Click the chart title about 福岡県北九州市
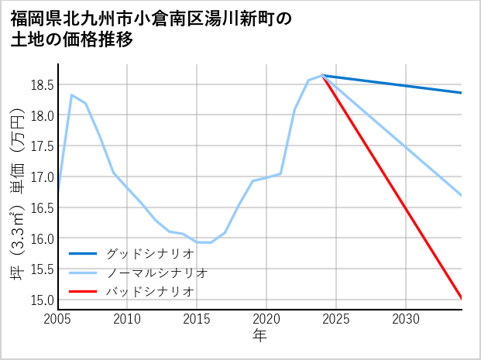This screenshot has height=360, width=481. pos(151,29)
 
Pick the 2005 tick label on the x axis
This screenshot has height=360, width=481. pos(58,319)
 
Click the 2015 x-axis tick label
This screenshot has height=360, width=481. pos(197,319)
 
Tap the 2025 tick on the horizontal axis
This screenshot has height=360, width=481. pos(336,319)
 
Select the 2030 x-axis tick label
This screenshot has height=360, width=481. pos(406,319)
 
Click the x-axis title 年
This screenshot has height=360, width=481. pos(259,335)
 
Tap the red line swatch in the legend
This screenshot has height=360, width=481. pos(84,291)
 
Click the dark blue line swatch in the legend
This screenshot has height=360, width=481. pos(84,253)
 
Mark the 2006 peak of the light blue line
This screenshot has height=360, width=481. pos(71,94)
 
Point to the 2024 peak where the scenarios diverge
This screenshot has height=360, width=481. pos(322,75)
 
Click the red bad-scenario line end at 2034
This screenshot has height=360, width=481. pos(461,298)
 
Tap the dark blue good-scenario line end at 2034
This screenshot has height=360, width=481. pos(461,93)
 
